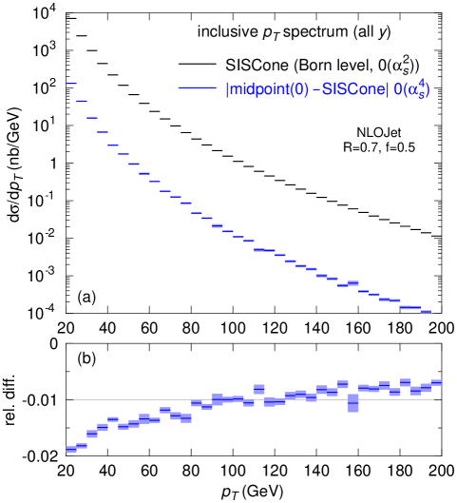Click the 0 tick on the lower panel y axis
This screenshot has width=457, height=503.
click(x=54, y=343)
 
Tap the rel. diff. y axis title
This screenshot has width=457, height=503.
click(x=12, y=399)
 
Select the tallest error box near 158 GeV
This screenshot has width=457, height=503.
click(x=352, y=403)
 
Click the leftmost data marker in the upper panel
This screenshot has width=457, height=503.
click(x=71, y=84)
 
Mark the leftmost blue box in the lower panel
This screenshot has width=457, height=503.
click(x=71, y=449)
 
